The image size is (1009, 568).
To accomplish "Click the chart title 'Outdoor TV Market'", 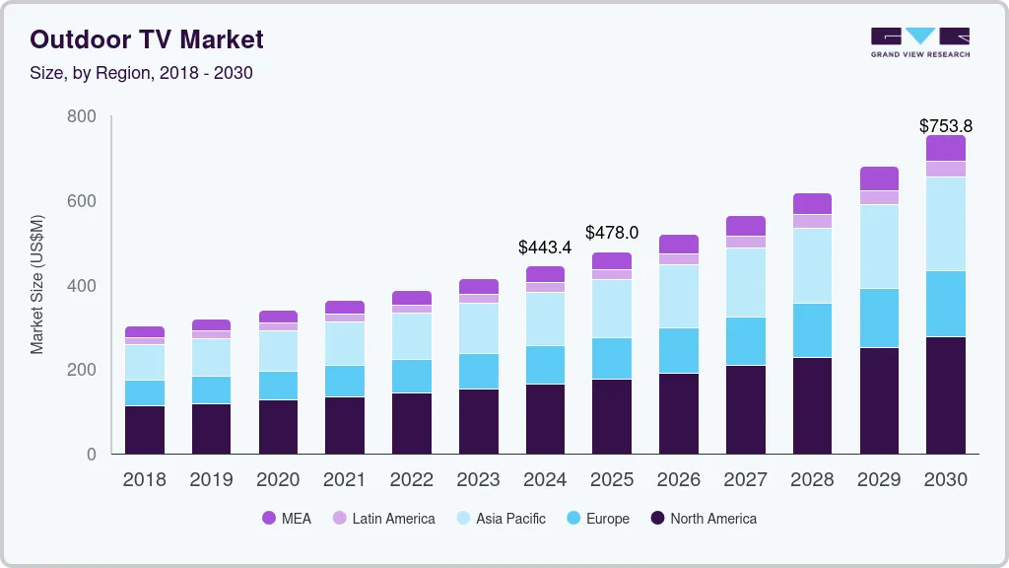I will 147,39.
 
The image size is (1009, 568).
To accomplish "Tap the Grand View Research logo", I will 919,42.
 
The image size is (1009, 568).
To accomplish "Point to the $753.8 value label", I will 945,125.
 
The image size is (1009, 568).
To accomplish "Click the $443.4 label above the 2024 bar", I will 545,248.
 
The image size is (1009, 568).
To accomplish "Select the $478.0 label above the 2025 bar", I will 612,233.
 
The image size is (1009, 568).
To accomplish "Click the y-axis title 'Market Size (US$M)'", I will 37,284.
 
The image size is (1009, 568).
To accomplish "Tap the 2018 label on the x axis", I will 144,480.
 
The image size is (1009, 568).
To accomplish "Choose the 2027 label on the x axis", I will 745,480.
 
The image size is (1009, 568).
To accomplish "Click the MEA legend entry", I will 287,518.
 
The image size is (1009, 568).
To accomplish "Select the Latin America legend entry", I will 383,518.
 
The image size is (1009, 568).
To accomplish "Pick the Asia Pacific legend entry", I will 500,518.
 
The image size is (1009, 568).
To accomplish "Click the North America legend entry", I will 703,518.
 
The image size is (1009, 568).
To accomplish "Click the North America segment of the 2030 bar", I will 946,395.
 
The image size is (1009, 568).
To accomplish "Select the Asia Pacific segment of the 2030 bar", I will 946,224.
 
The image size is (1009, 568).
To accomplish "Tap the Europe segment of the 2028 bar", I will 812,330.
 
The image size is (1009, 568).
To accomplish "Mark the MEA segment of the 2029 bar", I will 879,178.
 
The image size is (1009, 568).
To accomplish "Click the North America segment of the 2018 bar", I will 145,430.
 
